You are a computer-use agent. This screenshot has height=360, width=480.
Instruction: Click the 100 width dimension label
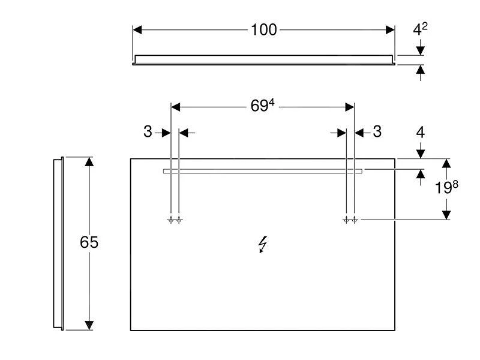[x=264, y=29]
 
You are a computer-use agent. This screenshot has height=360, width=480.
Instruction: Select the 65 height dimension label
[x=89, y=242]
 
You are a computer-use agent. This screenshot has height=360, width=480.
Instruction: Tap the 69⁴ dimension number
[x=262, y=106]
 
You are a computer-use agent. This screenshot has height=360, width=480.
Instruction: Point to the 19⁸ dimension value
[x=446, y=188]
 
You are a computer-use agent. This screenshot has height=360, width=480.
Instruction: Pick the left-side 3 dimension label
[x=148, y=132]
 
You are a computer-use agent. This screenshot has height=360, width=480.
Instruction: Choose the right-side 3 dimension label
[x=377, y=132]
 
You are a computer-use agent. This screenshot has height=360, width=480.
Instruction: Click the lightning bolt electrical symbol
[x=263, y=244]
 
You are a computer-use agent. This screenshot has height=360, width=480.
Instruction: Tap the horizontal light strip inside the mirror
[x=262, y=171]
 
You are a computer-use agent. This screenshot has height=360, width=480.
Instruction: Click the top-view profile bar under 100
[x=264, y=59]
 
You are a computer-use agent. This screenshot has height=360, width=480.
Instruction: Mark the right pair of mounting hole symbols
[x=350, y=220]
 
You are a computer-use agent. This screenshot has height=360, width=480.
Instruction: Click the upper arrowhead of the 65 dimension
[x=89, y=163]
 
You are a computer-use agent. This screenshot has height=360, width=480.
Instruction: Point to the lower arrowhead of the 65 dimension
[x=89, y=325]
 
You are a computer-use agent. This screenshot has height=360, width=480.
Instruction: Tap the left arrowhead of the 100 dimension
[x=137, y=29]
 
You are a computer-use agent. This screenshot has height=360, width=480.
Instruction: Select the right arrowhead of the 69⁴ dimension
[x=349, y=107]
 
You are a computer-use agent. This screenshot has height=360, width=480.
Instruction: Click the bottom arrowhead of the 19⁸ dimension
[x=446, y=214]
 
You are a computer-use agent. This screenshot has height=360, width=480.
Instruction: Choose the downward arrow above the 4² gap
[x=421, y=49]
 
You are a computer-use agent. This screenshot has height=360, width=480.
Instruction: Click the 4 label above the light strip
[x=421, y=132]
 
